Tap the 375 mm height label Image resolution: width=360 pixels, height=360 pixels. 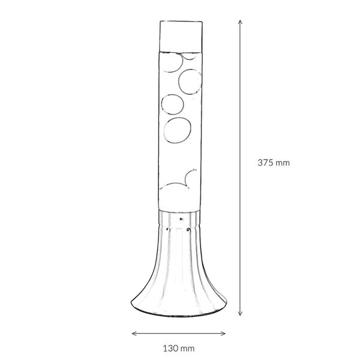pyautogui.click(x=273, y=162)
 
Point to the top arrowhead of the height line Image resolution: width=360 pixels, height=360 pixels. pyautogui.click(x=241, y=20)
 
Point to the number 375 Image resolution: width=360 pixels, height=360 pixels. pyautogui.click(x=266, y=162)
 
